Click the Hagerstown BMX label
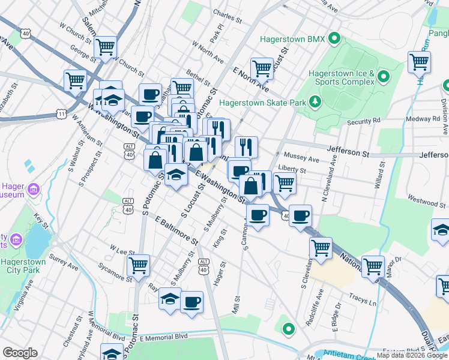tap(292, 40)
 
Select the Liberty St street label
tap(293, 170)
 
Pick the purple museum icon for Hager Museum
tap(34, 190)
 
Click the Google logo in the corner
tap(20, 352)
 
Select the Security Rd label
tap(364, 121)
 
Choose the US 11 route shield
tap(61, 113)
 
